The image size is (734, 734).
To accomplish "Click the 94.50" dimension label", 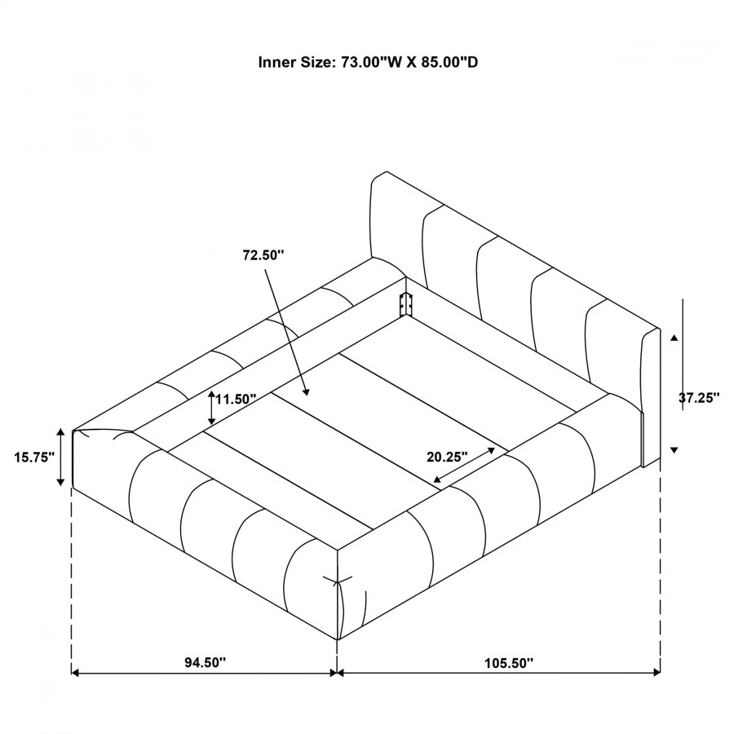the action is [x=205, y=662].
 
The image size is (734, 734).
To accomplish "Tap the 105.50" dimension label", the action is [x=508, y=663].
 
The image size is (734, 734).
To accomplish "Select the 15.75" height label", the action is [x=34, y=458].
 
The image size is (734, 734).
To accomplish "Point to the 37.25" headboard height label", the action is [x=699, y=398].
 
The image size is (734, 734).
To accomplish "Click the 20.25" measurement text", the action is [x=447, y=457].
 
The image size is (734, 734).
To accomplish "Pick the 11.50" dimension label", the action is [x=236, y=399].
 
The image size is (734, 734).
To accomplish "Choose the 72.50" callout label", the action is [x=263, y=255].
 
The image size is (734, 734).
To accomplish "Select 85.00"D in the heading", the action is [x=450, y=62].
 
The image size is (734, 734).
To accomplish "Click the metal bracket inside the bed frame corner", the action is [x=405, y=305].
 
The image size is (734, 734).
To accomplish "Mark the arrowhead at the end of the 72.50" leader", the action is [x=306, y=391].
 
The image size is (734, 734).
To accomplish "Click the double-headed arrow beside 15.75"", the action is [x=60, y=457].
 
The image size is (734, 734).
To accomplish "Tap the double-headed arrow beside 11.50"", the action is [x=211, y=408].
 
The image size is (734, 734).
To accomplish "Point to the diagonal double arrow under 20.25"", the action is [x=464, y=465].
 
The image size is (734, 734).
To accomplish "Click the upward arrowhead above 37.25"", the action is [x=674, y=338].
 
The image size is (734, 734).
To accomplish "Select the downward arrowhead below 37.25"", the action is [x=674, y=450].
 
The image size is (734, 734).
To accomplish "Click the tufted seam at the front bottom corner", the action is [x=338, y=583].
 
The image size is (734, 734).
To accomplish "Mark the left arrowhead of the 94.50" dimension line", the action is [x=74, y=673].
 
